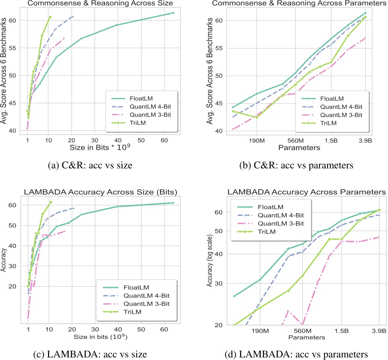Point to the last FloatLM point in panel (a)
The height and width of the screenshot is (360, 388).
173,13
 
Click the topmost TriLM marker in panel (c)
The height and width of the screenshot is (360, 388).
51,202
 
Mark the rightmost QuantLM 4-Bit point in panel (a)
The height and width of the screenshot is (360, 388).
73,17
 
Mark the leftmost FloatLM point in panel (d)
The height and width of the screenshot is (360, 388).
234,296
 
